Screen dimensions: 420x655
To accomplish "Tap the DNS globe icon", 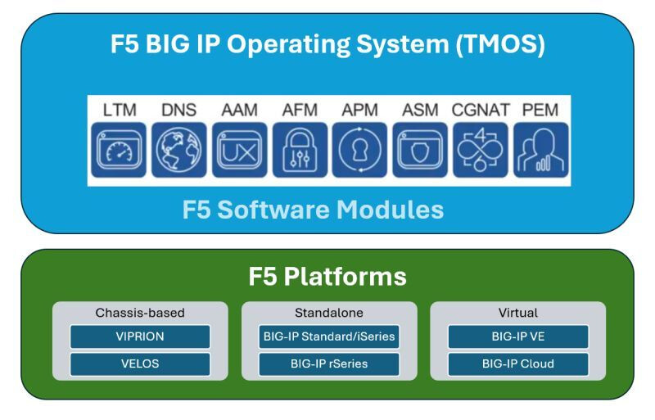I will tap(174, 150).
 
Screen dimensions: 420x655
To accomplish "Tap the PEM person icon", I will tap(539, 150).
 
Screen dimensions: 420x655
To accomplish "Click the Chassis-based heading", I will tap(140, 313).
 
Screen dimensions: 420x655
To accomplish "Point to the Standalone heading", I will tap(328, 313).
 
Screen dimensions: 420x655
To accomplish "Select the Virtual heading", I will tap(517, 313).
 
